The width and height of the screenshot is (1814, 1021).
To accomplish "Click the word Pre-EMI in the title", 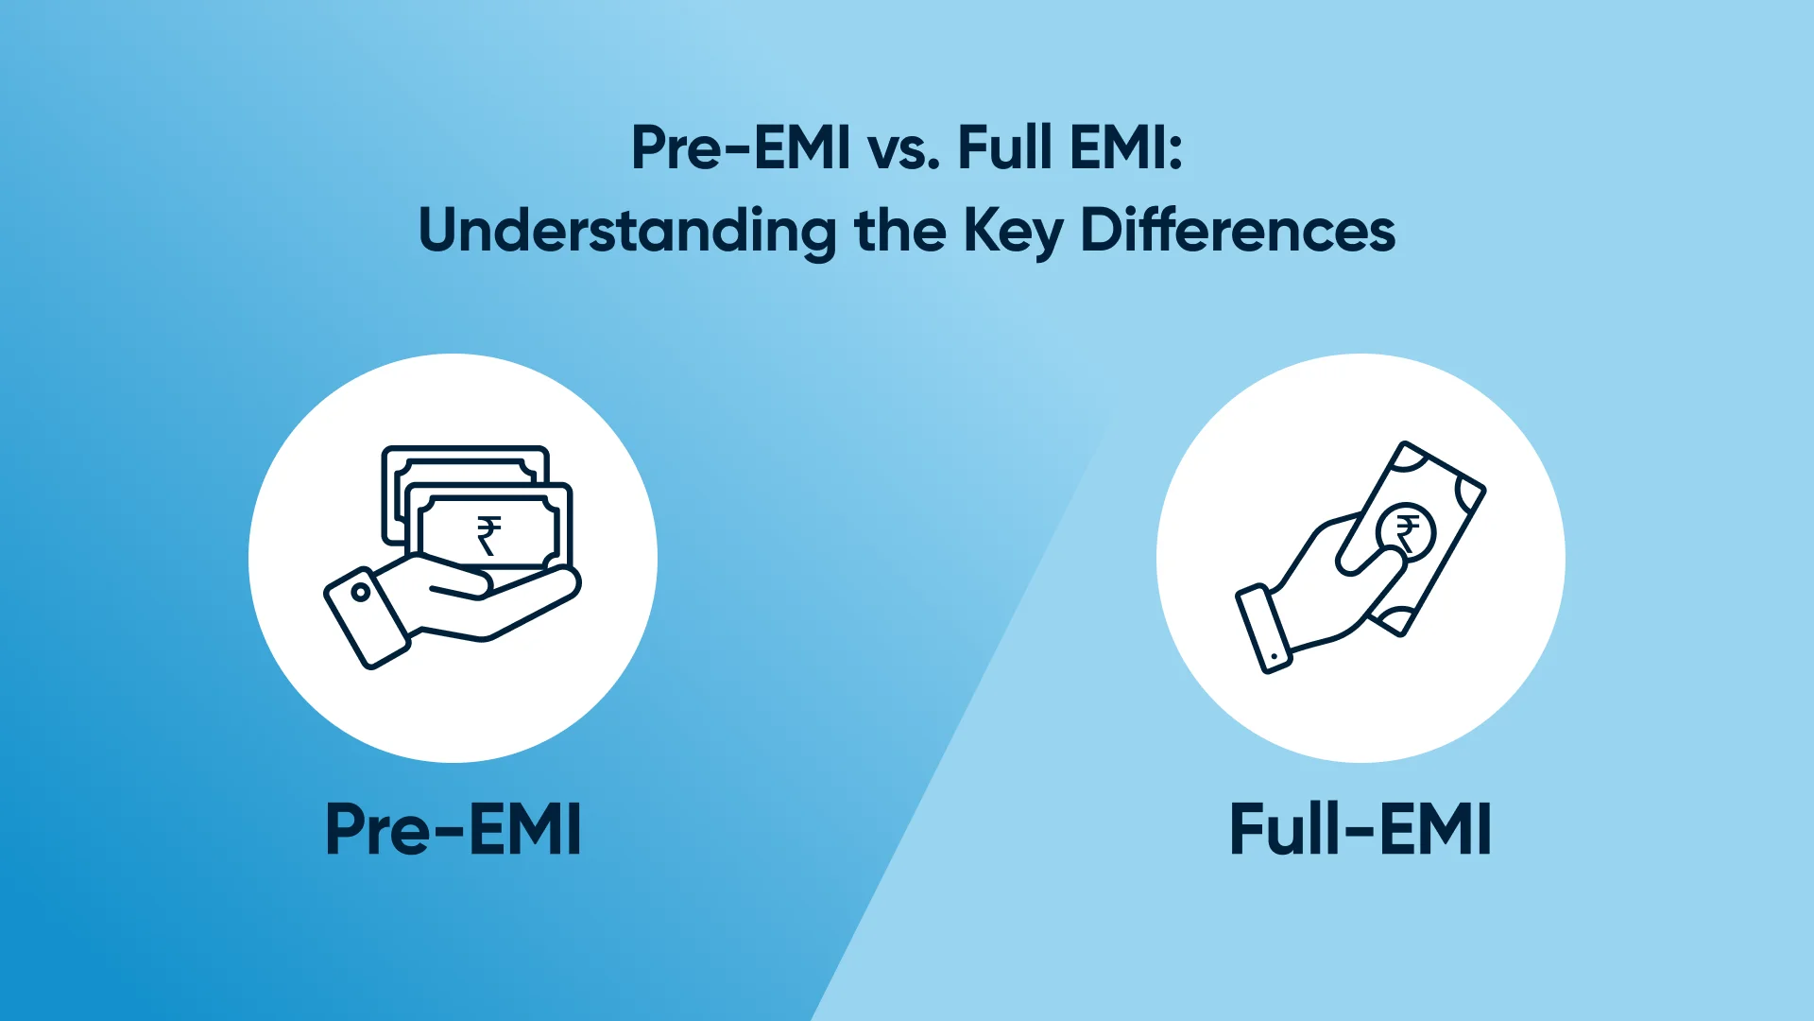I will (x=741, y=148).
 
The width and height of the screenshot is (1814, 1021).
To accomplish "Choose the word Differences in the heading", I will (x=1238, y=231).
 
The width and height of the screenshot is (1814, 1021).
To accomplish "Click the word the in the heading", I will (x=899, y=231).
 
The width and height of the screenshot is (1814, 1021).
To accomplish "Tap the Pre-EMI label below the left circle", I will (x=453, y=829).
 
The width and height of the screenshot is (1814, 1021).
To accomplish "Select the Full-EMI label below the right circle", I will (x=1360, y=829).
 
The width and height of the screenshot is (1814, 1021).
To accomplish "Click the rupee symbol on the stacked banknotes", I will (x=488, y=535).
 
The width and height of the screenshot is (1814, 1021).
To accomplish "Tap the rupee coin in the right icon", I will (x=1407, y=532).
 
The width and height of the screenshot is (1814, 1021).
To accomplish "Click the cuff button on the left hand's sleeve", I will (x=360, y=593).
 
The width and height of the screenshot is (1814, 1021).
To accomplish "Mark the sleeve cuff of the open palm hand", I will (x=367, y=618).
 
